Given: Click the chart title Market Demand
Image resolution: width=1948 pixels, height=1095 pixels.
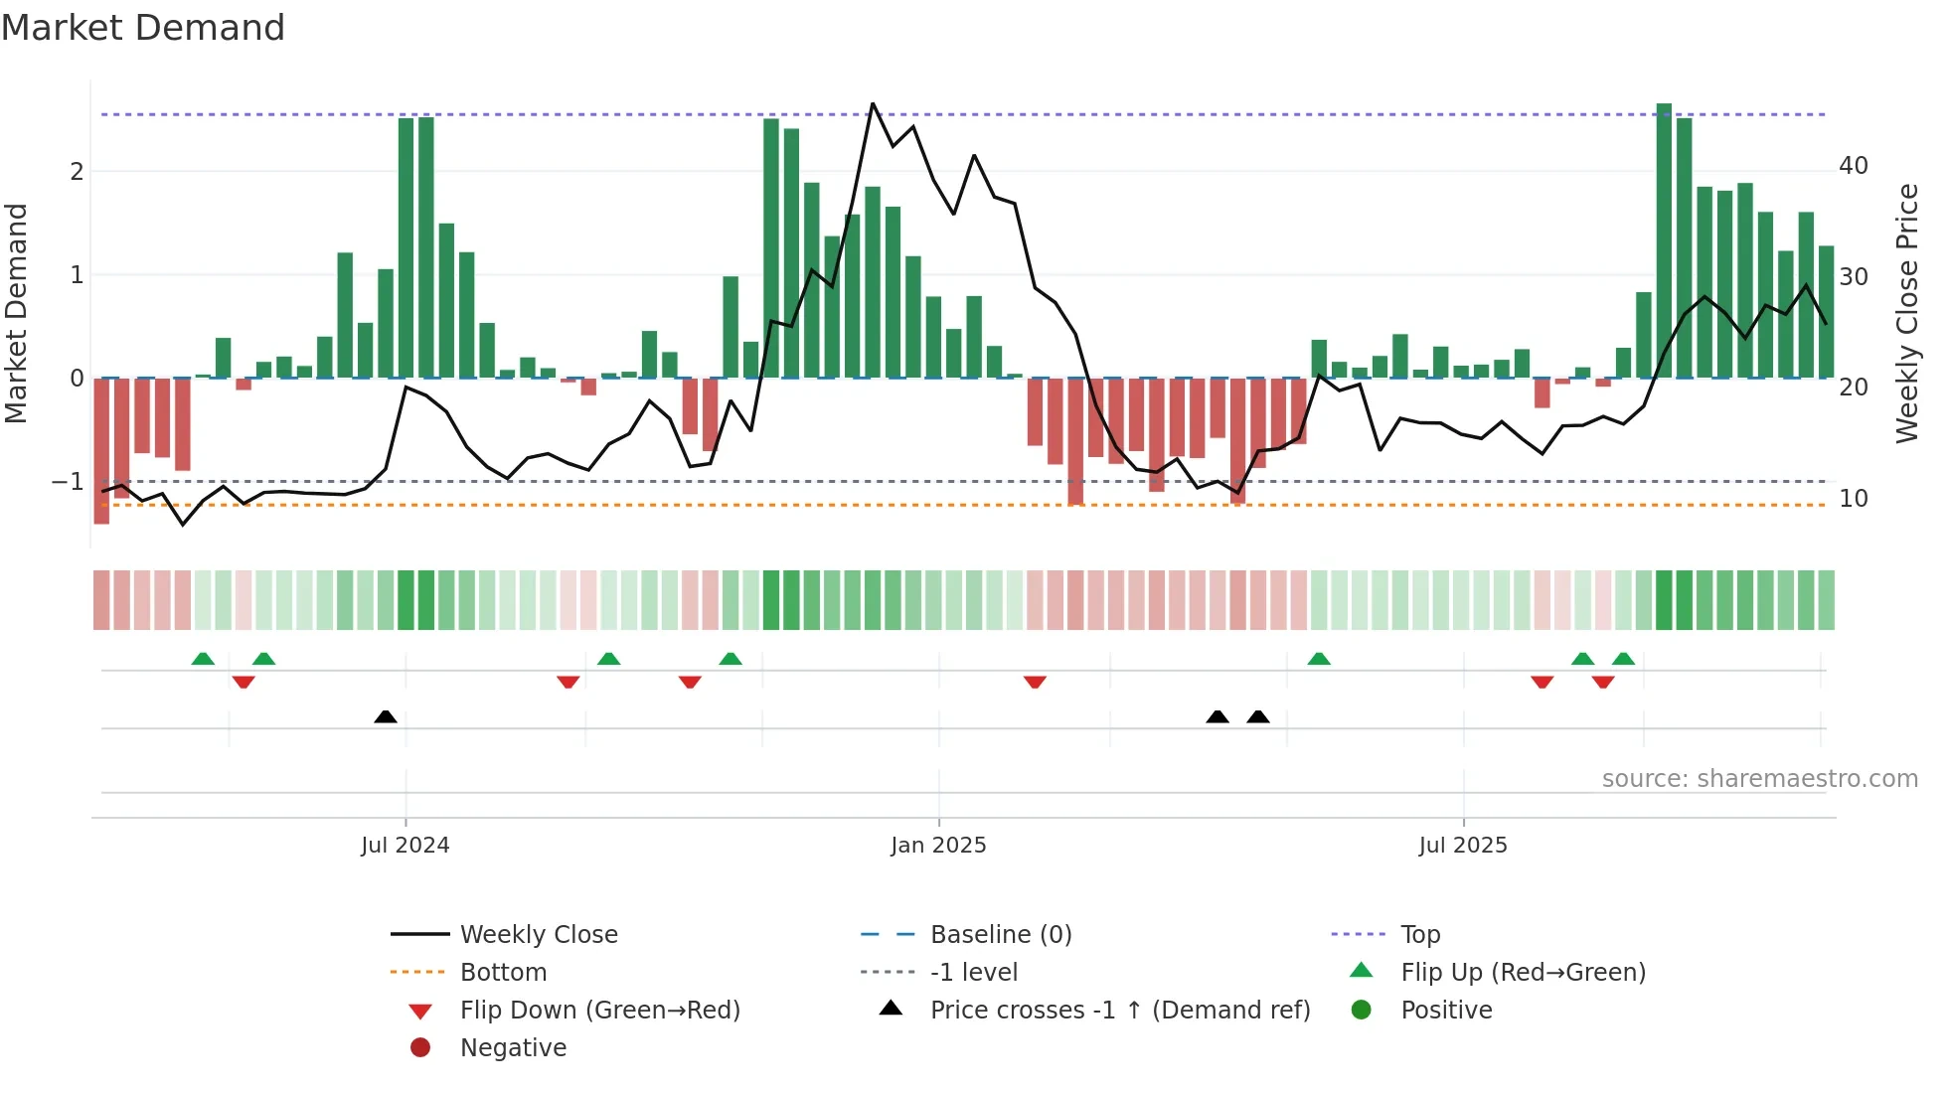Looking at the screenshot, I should [143, 28].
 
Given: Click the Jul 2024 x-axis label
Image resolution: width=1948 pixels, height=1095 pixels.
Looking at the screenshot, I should [405, 846].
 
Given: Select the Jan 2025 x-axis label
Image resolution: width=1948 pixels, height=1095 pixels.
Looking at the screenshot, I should [938, 846].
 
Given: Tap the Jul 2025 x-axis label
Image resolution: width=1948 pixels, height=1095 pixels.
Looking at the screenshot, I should [1462, 846].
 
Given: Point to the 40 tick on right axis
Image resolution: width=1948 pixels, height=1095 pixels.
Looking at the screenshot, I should [1853, 166].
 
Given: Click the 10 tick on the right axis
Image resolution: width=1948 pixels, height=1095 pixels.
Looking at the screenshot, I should [1853, 499].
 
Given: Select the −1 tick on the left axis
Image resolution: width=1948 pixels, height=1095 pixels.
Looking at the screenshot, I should [68, 482].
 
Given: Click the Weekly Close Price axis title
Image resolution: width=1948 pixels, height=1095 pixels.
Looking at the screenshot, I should [1906, 313].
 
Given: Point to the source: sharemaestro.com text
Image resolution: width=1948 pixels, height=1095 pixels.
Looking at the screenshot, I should [1759, 779].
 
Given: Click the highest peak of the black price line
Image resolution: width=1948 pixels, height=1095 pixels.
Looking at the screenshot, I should [873, 103].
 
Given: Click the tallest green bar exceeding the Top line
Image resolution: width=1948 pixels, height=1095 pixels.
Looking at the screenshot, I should [1664, 238].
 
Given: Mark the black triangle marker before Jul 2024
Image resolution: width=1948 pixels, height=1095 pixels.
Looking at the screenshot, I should [386, 716].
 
